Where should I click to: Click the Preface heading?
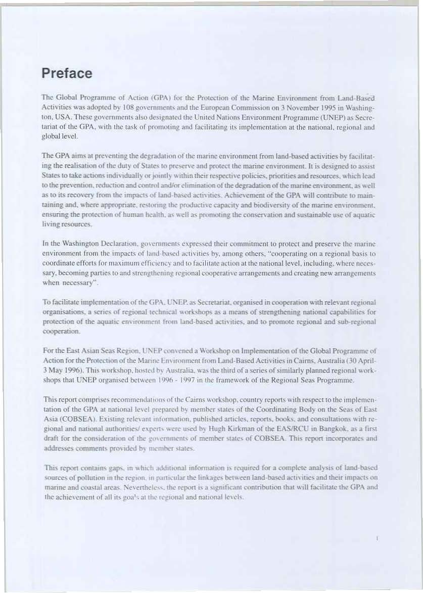coord(67,74)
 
